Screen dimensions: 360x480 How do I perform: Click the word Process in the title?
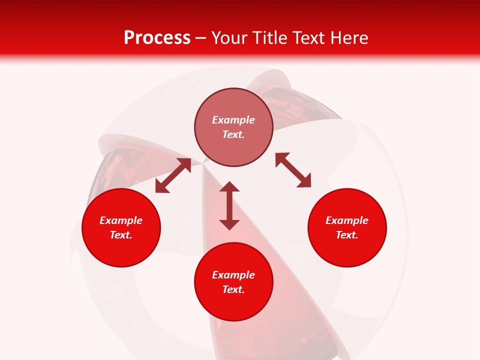point(157,38)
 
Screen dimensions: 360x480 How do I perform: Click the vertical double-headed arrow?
point(229,205)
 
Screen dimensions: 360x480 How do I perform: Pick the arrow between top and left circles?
point(173,175)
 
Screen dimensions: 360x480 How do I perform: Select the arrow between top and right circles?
point(293,170)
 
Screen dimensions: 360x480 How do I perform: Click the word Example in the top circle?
point(233,120)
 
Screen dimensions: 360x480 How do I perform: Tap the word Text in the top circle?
point(232,134)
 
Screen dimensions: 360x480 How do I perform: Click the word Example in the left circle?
point(121,220)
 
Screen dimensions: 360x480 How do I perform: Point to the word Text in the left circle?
point(120,235)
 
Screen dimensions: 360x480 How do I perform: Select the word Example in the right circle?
point(347,220)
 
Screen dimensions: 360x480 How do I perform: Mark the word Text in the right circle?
point(346,235)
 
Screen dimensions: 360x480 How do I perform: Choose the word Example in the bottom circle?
point(233,275)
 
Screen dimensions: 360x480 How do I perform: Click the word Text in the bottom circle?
point(232,289)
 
